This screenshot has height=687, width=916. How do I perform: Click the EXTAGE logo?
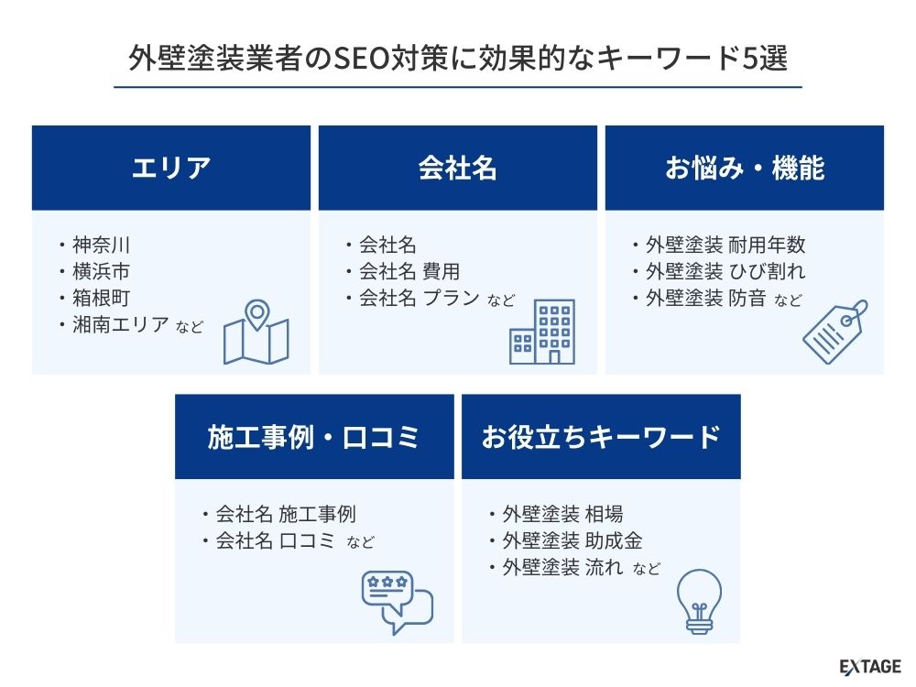870,667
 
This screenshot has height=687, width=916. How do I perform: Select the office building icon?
542,332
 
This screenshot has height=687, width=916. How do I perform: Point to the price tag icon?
834,332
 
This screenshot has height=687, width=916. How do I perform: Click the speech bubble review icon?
398,603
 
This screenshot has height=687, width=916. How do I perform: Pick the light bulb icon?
699,603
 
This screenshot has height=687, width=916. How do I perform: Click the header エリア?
170,168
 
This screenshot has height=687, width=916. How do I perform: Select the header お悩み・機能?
745,168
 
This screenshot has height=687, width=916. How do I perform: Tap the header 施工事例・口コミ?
313,437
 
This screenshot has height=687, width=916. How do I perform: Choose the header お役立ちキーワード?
601,437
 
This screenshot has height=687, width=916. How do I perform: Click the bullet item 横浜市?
101,271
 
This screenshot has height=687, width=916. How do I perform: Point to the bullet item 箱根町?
101,298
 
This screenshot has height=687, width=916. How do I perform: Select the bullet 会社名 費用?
409,271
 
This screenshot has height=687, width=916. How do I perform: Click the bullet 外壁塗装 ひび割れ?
725,271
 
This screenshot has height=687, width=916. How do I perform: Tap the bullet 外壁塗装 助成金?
572,540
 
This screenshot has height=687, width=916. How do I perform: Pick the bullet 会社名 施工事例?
286,514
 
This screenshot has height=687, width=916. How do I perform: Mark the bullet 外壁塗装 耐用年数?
725,245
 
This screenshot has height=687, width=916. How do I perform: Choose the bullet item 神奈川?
101,245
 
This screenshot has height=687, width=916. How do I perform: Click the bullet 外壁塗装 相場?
562,514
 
